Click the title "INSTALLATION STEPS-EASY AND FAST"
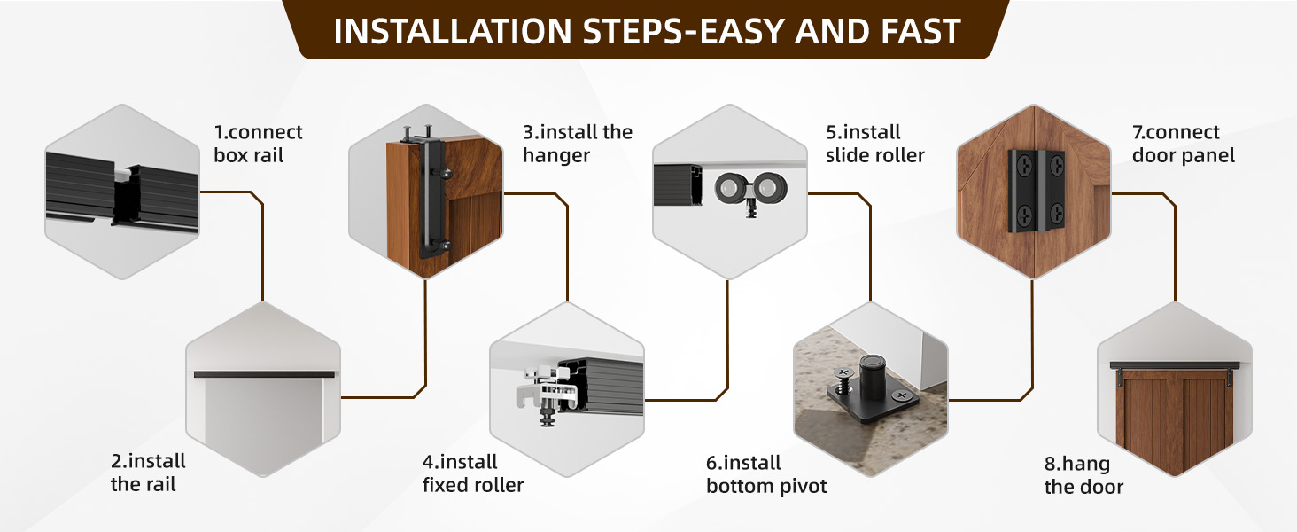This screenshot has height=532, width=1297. pos(648,31)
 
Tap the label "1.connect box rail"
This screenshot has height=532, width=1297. pos(258,144)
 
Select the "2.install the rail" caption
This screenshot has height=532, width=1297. pos(148,473)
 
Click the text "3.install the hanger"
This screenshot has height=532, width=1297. pos(577,144)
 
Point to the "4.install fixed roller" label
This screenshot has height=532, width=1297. pos(472,473)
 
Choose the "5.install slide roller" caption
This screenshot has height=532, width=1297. pos(874,144)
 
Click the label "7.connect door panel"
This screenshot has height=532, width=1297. pos(1183,144)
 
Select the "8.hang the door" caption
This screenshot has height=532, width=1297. pos(1083,475)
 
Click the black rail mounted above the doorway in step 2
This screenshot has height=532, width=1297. pos(265,374)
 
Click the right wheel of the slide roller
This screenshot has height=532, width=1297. pos(769,189)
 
